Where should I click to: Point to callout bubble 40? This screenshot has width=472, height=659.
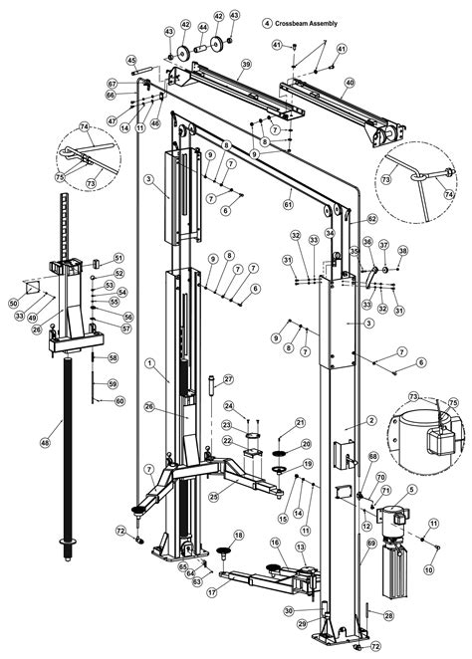tap(349, 83)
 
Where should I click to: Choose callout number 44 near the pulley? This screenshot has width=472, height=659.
tap(203, 28)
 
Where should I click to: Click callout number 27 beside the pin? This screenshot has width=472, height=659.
tap(227, 379)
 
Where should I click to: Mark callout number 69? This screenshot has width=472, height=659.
tap(371, 544)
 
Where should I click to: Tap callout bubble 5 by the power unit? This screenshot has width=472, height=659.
tap(413, 490)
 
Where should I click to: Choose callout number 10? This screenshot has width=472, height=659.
tap(429, 570)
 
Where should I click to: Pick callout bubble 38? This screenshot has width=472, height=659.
tap(403, 251)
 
